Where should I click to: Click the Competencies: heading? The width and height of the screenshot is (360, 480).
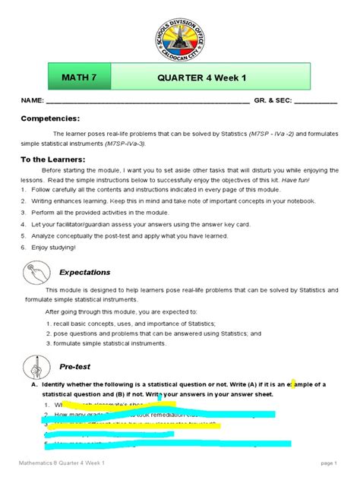click(49, 118)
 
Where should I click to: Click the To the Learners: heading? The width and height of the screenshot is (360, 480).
click(55, 159)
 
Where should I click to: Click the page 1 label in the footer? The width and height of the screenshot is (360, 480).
click(328, 463)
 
